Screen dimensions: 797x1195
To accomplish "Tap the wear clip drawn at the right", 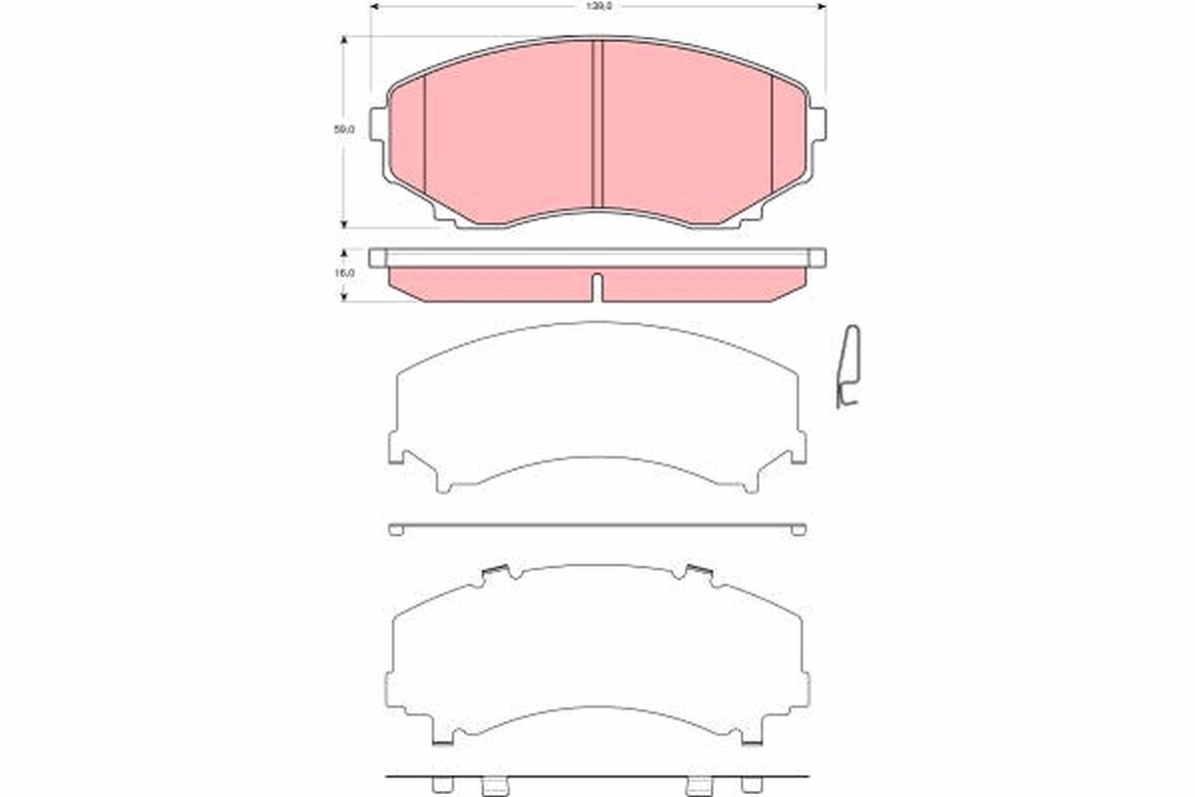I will (849, 369).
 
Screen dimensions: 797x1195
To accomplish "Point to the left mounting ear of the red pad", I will (377, 124).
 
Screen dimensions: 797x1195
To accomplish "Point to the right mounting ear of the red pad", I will (818, 124).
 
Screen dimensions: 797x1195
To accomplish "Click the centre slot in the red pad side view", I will (597, 286).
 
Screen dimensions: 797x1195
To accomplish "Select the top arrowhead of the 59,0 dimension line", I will (345, 41).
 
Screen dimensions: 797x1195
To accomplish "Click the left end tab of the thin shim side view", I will (395, 530).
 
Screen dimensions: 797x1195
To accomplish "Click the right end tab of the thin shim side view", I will (799, 530).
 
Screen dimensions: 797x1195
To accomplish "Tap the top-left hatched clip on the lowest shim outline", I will (495, 572).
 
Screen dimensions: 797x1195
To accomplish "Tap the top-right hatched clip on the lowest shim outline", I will (700, 572).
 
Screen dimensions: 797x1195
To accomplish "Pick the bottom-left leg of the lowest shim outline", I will (443, 738).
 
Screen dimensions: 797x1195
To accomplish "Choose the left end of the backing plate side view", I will (376, 258).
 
